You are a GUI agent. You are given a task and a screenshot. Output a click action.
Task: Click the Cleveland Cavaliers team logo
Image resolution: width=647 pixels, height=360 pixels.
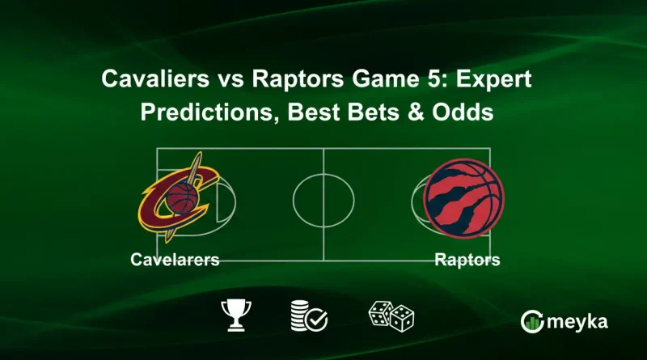179,197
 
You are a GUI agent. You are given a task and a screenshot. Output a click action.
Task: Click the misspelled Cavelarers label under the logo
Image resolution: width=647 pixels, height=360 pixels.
175,260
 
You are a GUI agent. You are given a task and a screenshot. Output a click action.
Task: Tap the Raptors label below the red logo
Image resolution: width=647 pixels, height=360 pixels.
467,260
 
